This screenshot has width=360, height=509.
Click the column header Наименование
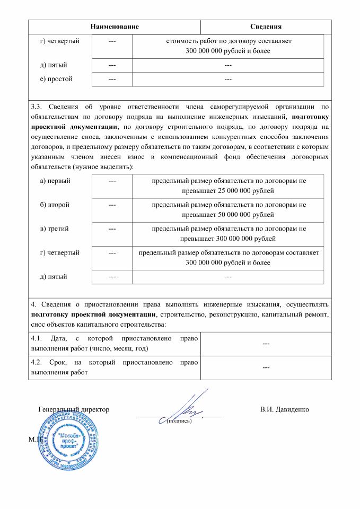pyautogui.click(x=115, y=27)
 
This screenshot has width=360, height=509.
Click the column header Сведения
pyautogui.click(x=266, y=27)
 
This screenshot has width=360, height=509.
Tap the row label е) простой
pyautogui.click(x=56, y=79)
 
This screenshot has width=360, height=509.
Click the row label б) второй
pyautogui.click(x=55, y=204)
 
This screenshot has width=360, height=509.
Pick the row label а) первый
pyautogui.click(x=55, y=180)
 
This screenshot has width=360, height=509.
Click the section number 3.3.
pyautogui.click(x=39, y=107)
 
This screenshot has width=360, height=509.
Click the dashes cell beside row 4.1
pyautogui.click(x=266, y=344)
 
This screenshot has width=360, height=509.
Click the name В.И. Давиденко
pyautogui.click(x=285, y=410)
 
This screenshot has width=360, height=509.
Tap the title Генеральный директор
pyautogui.click(x=74, y=410)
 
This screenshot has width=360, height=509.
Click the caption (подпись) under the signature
pyautogui.click(x=179, y=422)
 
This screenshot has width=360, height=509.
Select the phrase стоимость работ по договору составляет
pyautogui.click(x=228, y=40)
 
